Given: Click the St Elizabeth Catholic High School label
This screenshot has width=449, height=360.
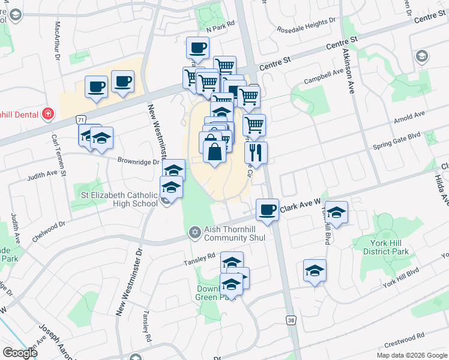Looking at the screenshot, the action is [x=119, y=199].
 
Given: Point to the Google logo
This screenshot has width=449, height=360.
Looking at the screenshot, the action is [x=20, y=353].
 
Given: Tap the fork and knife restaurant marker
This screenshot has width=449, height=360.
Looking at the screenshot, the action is [x=256, y=153].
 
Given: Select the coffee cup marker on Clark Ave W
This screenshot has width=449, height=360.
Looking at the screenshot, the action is [x=267, y=210].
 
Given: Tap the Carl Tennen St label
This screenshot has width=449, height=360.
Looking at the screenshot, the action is [x=53, y=151].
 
